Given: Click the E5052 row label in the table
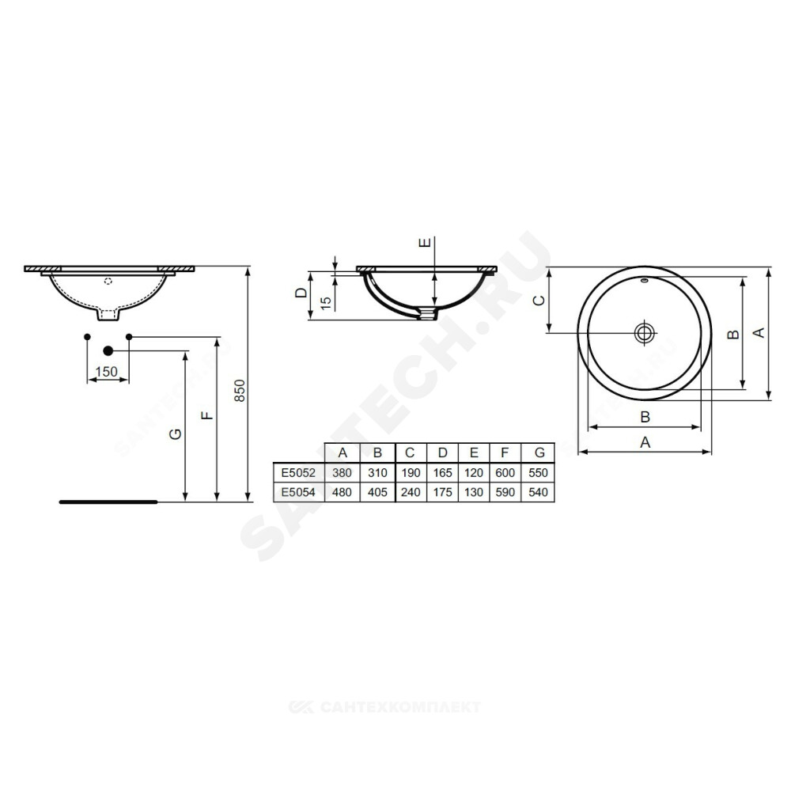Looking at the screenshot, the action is [298, 473].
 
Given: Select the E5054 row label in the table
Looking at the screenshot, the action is [298, 492].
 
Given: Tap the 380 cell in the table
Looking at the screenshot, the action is [342, 473].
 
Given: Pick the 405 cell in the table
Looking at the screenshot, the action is [377, 492].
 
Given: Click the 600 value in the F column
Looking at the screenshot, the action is [505, 473].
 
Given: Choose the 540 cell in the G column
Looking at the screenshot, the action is [538, 492].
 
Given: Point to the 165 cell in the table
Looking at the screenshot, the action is [442, 473].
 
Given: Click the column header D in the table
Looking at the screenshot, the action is [442, 453].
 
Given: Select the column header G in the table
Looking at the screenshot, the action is [539, 453].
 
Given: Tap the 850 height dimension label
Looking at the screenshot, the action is [240, 391].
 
